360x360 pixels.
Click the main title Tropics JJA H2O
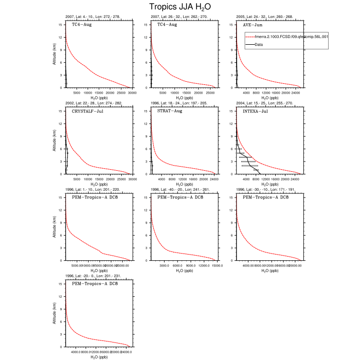[180, 7]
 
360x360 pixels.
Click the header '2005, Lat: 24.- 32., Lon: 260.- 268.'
[265, 17]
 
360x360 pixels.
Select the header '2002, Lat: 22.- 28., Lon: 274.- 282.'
[94, 103]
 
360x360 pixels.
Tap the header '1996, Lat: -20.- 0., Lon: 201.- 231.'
[94, 276]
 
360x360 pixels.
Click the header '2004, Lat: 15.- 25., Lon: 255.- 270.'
[265, 103]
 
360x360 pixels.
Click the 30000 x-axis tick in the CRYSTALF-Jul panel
[132, 179]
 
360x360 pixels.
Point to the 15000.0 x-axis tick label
[217, 265]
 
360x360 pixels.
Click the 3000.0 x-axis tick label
[165, 265]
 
